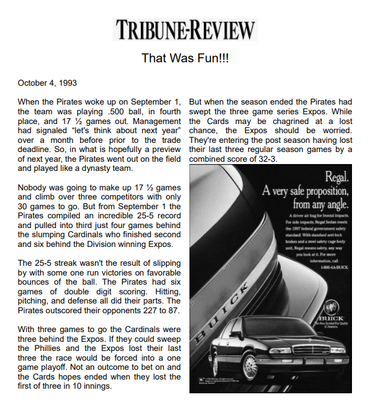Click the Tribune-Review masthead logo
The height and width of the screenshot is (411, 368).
tap(185, 29)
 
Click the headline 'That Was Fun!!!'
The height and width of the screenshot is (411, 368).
tap(184, 58)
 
